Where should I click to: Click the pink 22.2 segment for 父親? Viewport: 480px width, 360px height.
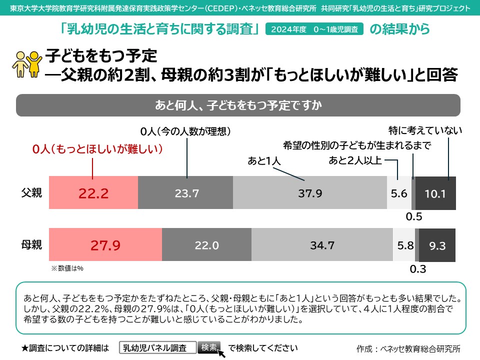pyautogui.click(x=93, y=193)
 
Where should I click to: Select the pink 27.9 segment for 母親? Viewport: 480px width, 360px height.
pyautogui.click(x=105, y=245)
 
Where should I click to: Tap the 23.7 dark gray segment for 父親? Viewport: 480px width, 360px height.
pyautogui.click(x=185, y=193)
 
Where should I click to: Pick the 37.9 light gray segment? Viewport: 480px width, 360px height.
pyautogui.click(x=310, y=193)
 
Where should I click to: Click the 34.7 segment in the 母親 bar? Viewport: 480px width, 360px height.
pyautogui.click(x=322, y=245)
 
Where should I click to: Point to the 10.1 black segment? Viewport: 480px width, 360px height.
pyautogui.click(x=435, y=193)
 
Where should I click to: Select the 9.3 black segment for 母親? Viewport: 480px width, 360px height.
pyautogui.click(x=437, y=245)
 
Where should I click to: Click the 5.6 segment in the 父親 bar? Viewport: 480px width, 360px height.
pyautogui.click(x=399, y=193)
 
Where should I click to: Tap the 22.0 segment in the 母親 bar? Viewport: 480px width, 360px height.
pyautogui.click(x=206, y=245)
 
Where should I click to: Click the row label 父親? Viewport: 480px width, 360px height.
pyautogui.click(x=31, y=192)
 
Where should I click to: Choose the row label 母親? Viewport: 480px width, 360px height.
pyautogui.click(x=31, y=244)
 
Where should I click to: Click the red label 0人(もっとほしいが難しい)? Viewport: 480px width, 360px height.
pyautogui.click(x=98, y=149)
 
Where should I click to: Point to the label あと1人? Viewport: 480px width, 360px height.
pyautogui.click(x=265, y=161)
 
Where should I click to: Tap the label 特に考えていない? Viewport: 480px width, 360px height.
pyautogui.click(x=425, y=131)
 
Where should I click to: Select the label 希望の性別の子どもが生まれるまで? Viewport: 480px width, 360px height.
pyautogui.click(x=357, y=145)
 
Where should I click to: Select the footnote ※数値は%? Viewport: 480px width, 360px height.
pyautogui.click(x=67, y=268)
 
